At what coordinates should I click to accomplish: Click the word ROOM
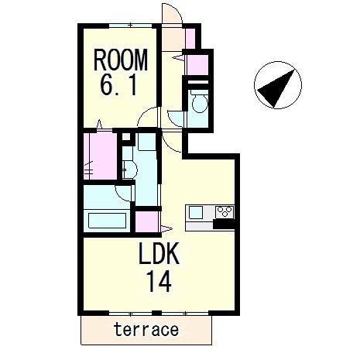tap(121, 60)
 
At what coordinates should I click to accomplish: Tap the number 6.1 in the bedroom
tap(118, 85)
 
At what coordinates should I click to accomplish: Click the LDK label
tap(159, 253)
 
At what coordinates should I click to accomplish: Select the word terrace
tap(146, 330)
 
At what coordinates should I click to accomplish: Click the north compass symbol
tap(278, 85)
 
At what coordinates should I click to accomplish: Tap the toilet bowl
tap(200, 102)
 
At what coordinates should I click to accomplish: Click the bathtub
tap(108, 220)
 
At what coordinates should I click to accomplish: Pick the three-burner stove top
tap(225, 211)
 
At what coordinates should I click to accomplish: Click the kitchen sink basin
tap(196, 213)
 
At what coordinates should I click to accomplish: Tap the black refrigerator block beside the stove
tap(224, 224)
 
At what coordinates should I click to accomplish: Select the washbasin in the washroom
tap(130, 170)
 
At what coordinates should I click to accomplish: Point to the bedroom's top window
tap(130, 26)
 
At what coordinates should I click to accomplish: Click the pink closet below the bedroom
tap(101, 156)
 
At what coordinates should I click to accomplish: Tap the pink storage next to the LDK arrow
tap(146, 221)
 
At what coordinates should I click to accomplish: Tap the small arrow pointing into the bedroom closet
tap(99, 124)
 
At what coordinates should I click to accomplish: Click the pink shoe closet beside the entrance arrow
tap(197, 64)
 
